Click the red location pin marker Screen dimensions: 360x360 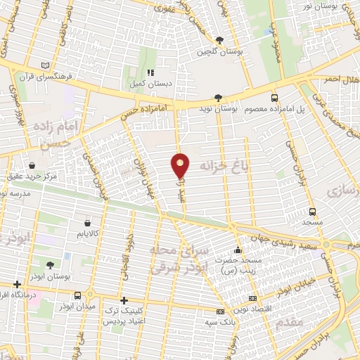click(181, 166)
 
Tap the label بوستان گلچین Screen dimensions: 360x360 click(213, 51)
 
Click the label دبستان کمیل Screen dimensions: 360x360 click(150, 83)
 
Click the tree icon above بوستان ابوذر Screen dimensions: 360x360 click(50, 265)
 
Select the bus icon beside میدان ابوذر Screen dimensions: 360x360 click(77, 295)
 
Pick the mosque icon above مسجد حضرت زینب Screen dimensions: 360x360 click(238, 250)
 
